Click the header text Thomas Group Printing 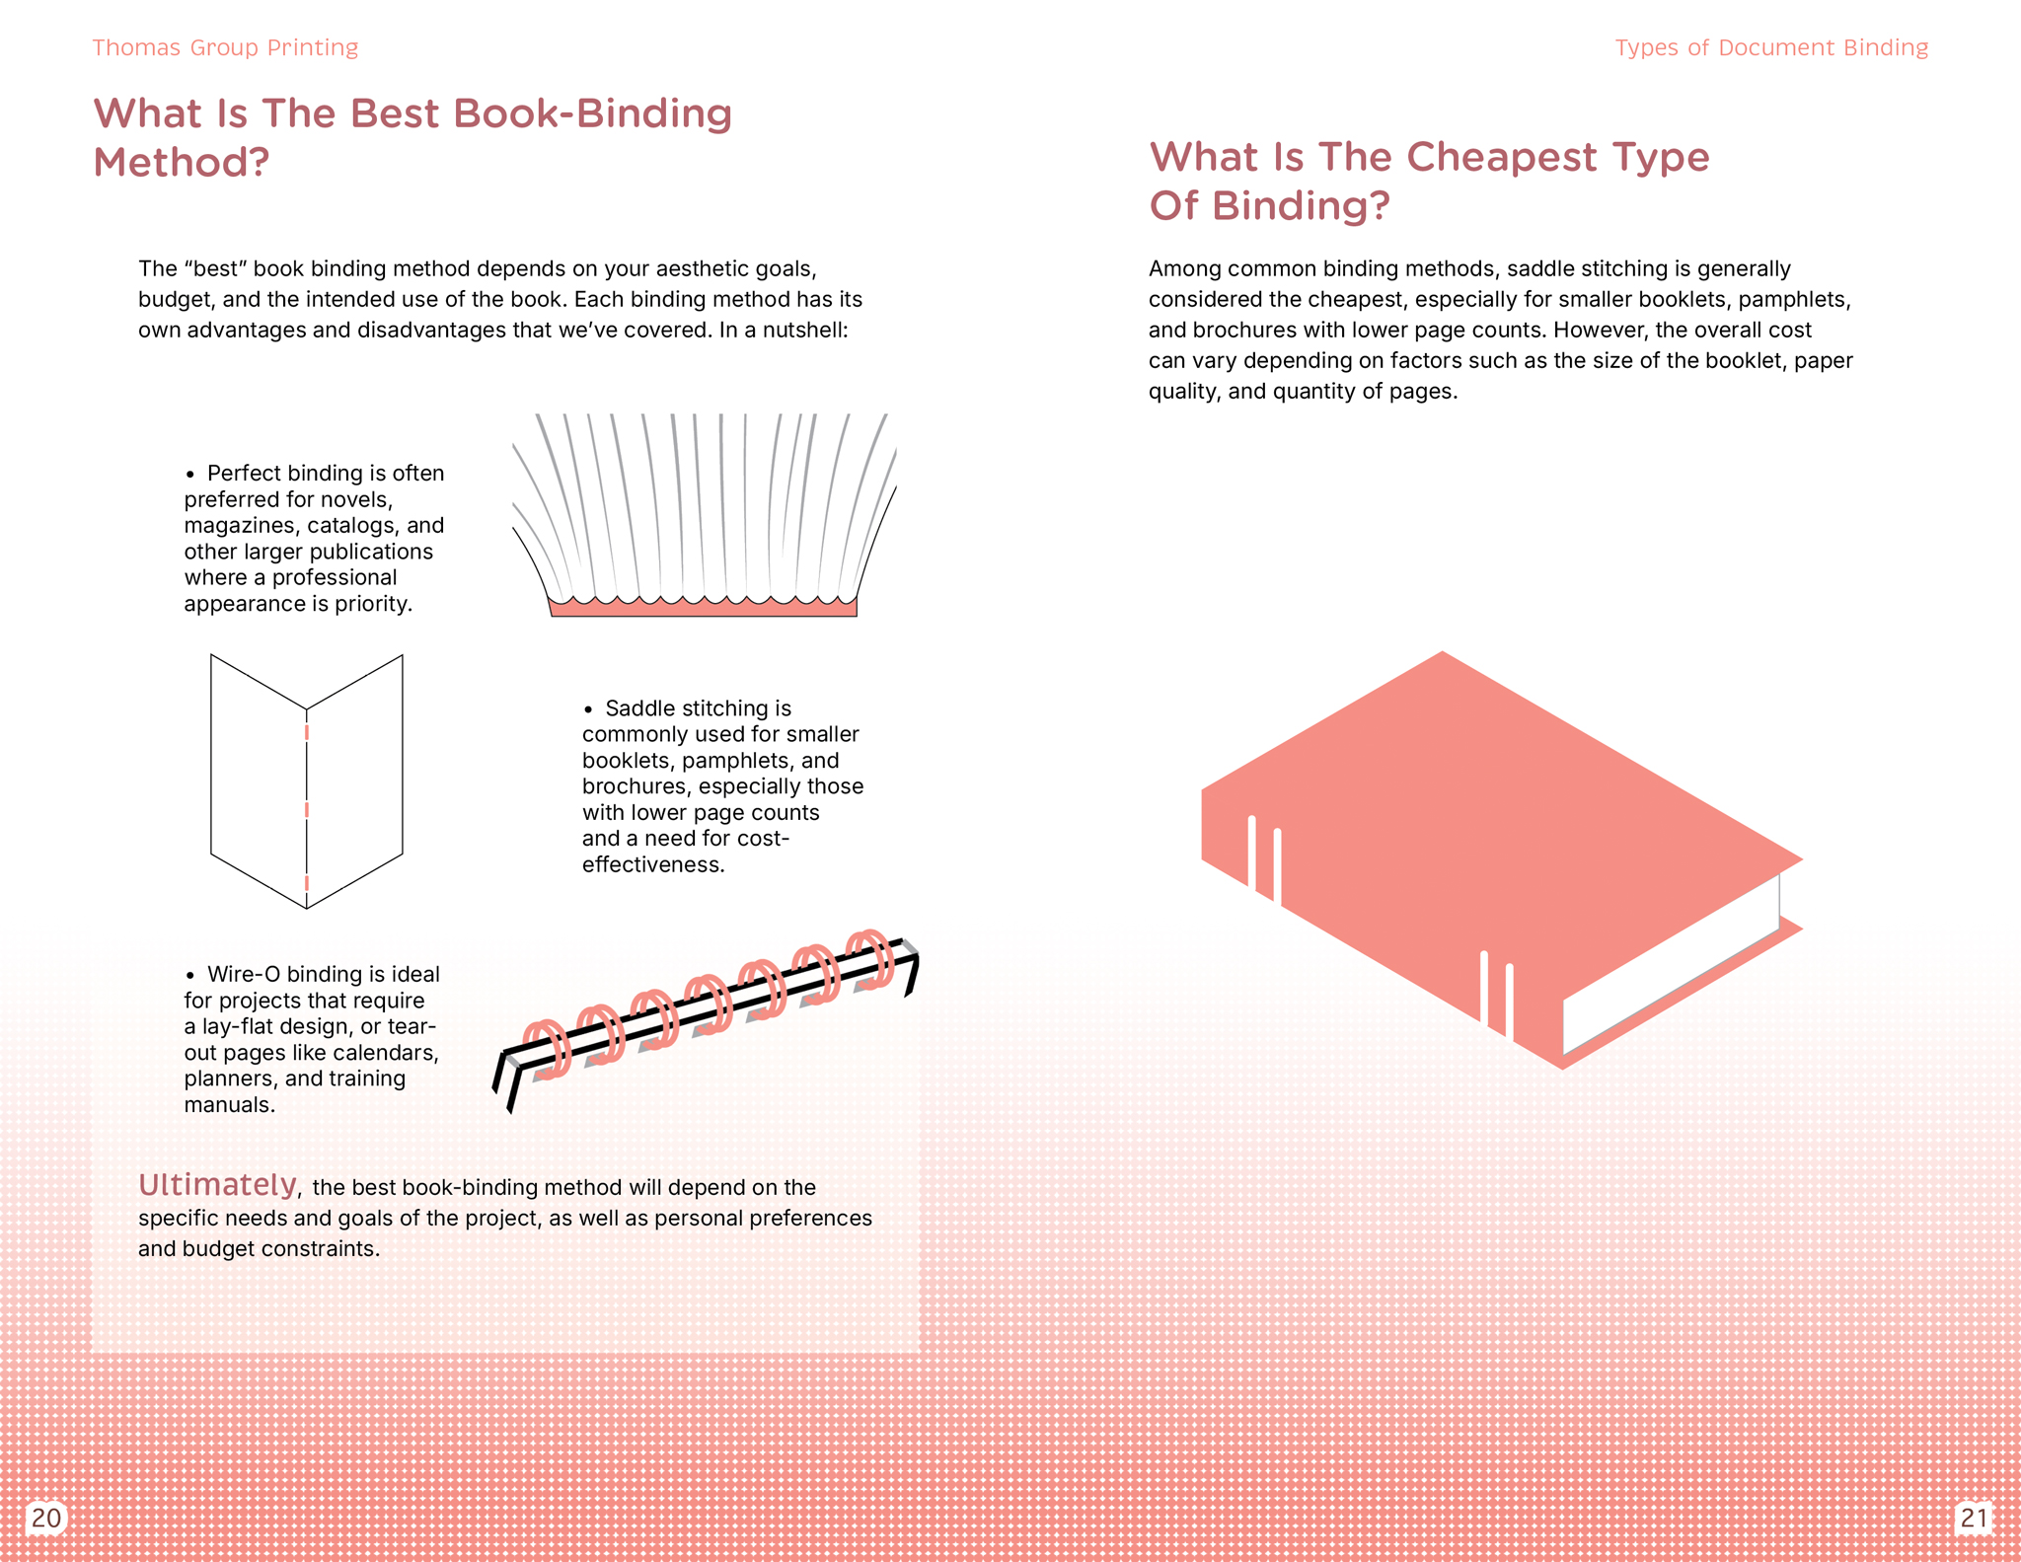225,47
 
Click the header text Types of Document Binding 1771,47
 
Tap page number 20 46,1517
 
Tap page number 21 1974,1517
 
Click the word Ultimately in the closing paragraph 217,1184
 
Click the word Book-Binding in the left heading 592,113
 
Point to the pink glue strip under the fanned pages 703,608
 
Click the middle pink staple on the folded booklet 307,809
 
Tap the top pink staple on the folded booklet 307,733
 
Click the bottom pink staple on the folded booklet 307,883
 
